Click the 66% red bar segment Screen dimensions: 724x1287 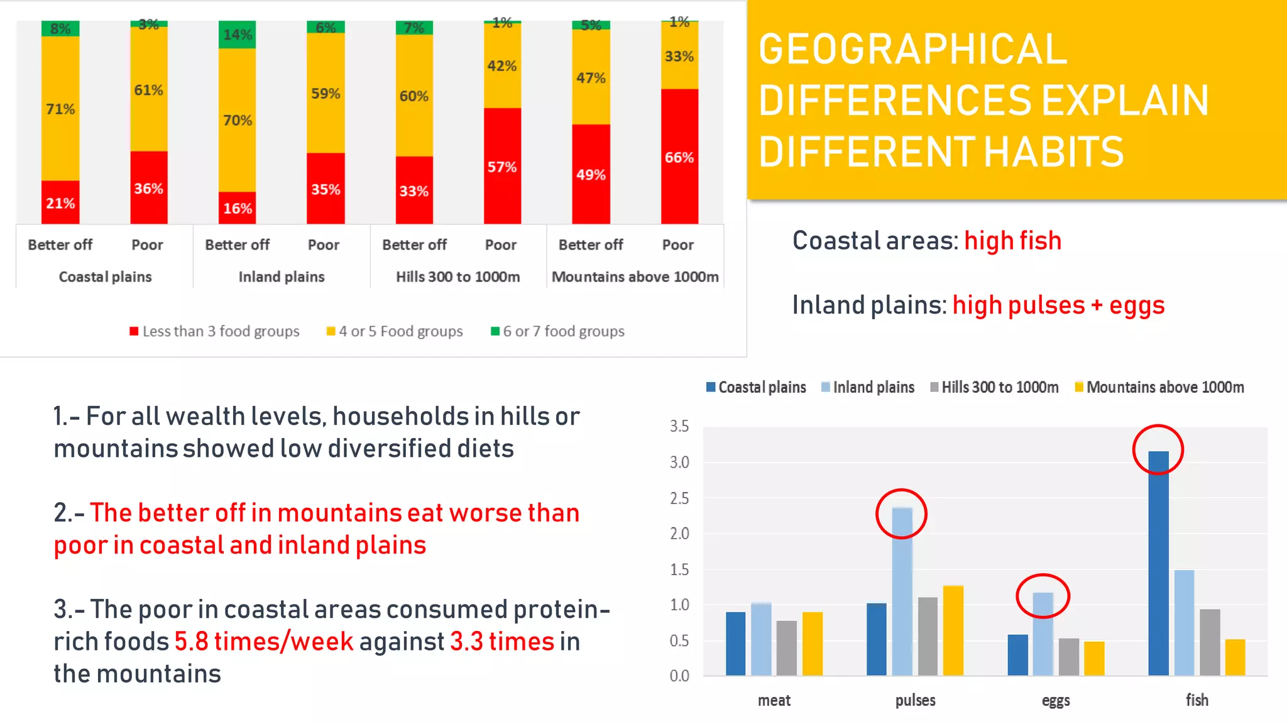pos(679,157)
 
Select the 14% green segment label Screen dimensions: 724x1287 pos(238,35)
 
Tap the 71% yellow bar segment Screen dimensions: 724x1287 pos(60,109)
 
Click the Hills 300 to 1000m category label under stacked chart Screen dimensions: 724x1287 pos(457,277)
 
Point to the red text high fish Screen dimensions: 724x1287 pos(1012,241)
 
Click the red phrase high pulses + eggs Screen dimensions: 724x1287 pos(1058,305)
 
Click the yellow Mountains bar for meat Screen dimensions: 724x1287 pos(812,644)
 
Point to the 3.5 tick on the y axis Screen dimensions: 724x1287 pos(679,426)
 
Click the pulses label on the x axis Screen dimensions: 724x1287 pos(915,700)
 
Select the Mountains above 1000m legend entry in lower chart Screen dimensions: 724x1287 pos(1159,387)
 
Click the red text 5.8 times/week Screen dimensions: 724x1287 pos(264,642)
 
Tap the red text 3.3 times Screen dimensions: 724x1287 pos(502,642)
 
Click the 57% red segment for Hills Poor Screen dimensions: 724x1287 pos(502,167)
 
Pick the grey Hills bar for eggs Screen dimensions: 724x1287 pos(1068,657)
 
